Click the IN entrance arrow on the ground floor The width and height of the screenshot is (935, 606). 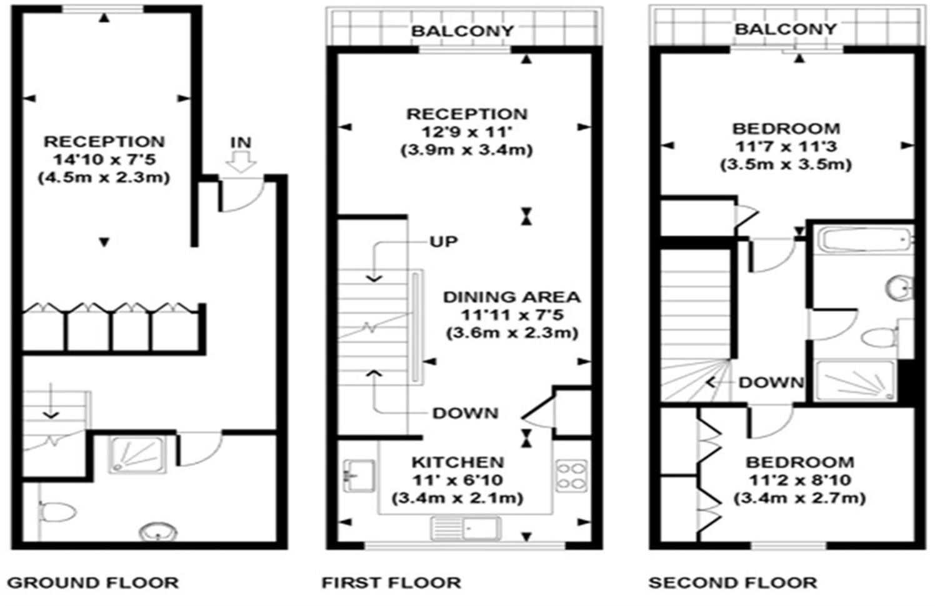point(241,162)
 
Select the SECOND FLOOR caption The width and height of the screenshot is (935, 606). point(732,583)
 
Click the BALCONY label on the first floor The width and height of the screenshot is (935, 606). point(462,31)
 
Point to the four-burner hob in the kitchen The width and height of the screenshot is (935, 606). point(571,476)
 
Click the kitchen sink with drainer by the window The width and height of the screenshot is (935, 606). point(465,529)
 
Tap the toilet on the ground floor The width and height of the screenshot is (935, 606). point(57,512)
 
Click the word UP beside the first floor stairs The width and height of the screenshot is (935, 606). point(443,242)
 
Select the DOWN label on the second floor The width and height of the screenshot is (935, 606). point(771,382)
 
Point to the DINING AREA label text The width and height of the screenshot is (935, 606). point(511,297)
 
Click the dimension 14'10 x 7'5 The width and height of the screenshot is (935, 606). point(104,159)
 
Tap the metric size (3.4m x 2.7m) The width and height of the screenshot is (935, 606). point(799,498)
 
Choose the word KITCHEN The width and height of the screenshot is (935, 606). point(457,462)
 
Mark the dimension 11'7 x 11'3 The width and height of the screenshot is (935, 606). point(786,147)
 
